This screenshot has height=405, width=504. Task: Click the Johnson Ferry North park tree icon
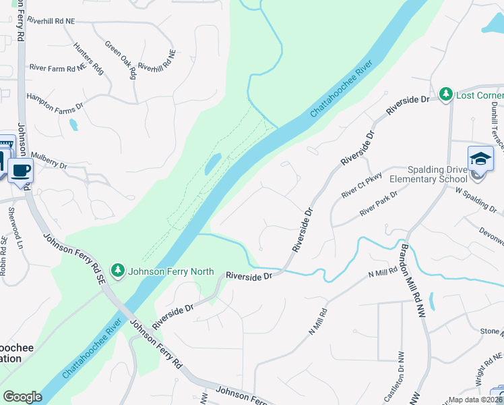pos(119,271)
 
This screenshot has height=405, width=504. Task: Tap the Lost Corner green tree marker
pos(445,95)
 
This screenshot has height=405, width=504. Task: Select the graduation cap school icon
pos(481,159)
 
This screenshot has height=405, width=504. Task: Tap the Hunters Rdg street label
pos(88,59)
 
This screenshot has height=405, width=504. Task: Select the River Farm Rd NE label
pos(57,67)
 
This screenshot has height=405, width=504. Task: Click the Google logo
pos(22,397)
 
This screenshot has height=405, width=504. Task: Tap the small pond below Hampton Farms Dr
pos(73,125)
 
